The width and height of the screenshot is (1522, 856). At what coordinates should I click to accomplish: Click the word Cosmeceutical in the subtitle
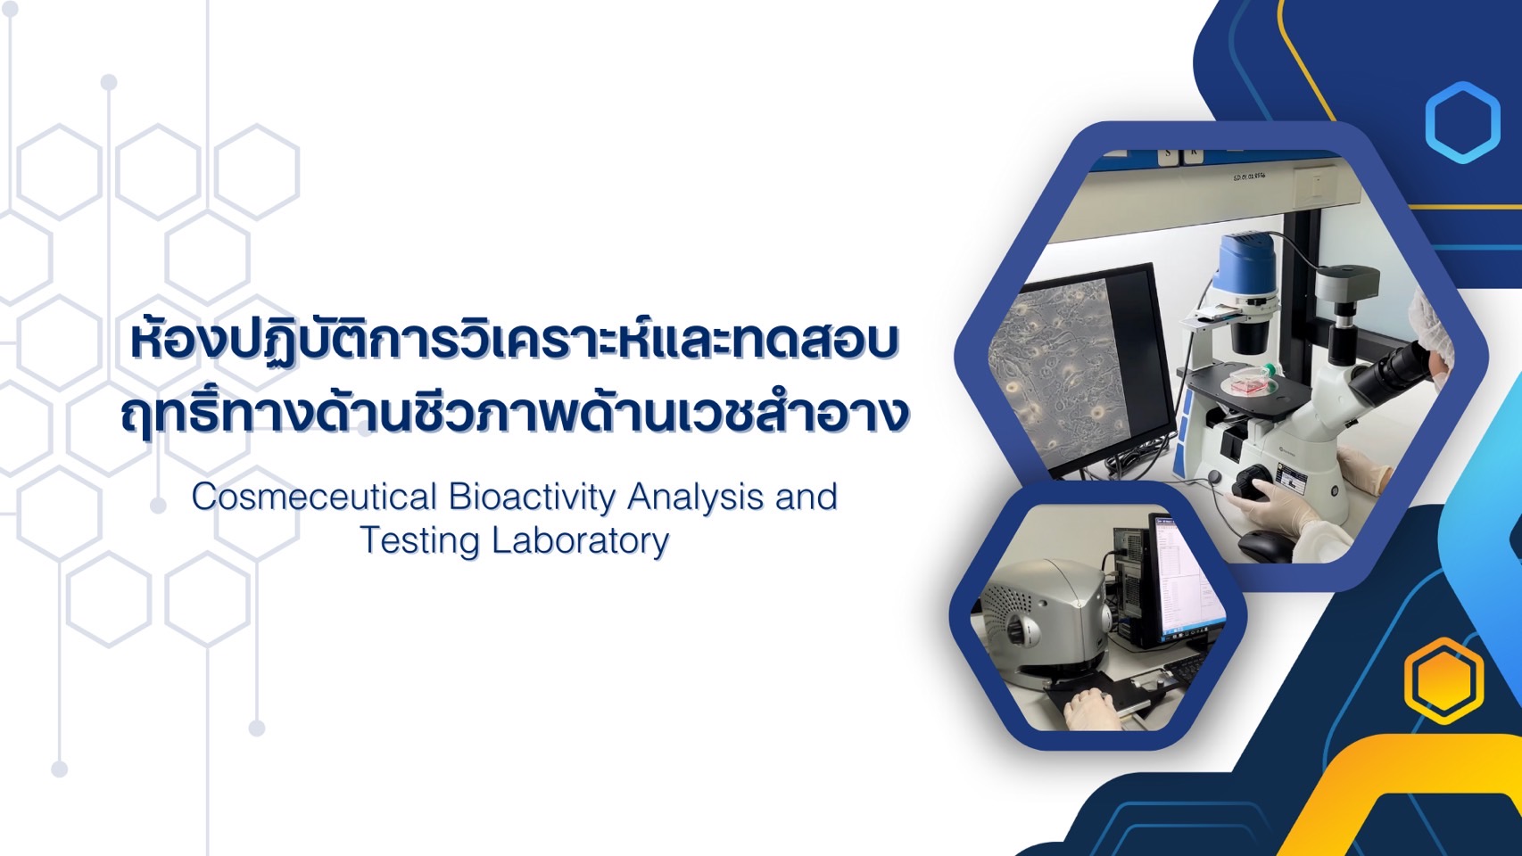tap(313, 497)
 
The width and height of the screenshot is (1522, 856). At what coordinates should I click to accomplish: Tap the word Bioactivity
tap(532, 498)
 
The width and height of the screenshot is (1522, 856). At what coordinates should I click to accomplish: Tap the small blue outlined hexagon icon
tap(1462, 122)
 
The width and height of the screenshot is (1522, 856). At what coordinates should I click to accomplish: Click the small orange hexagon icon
tap(1443, 680)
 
